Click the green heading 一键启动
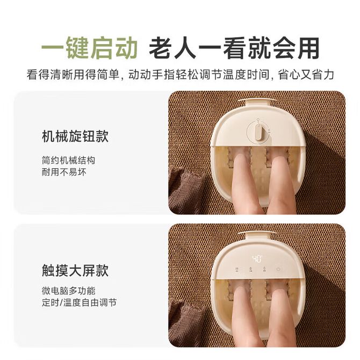click(89, 48)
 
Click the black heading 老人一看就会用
click(234, 48)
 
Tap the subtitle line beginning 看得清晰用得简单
click(180, 74)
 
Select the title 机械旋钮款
click(75, 136)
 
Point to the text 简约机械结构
click(68, 160)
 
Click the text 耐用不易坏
click(64, 172)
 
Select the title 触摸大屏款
click(75, 270)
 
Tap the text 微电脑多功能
click(68, 291)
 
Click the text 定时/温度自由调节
click(79, 303)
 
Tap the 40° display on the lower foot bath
click(257, 259)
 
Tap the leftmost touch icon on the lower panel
click(237, 269)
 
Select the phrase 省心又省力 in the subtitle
click(306, 74)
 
